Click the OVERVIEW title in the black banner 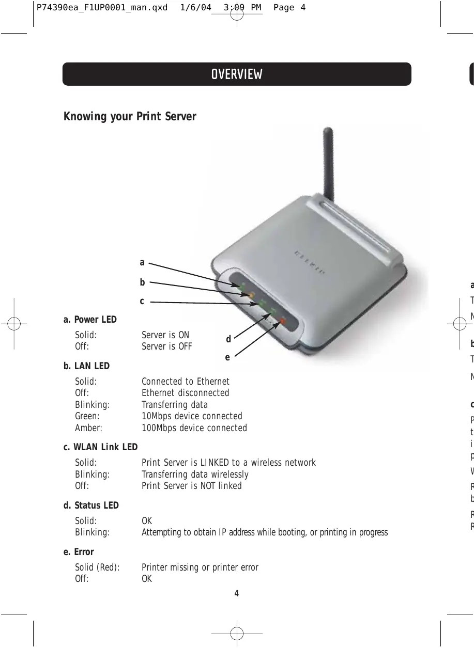(237, 74)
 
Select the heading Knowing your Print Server (130, 117)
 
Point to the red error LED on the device (282, 322)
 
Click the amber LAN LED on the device (251, 295)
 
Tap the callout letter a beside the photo (142, 263)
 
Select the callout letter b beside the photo (142, 282)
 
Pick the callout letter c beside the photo (142, 301)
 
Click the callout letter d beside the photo (228, 340)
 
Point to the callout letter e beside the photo (227, 356)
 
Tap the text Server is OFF (166, 346)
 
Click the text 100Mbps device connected (194, 428)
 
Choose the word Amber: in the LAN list (89, 428)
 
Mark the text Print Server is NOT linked (191, 486)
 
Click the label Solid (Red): (97, 567)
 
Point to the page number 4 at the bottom (237, 593)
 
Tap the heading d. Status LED (91, 505)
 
